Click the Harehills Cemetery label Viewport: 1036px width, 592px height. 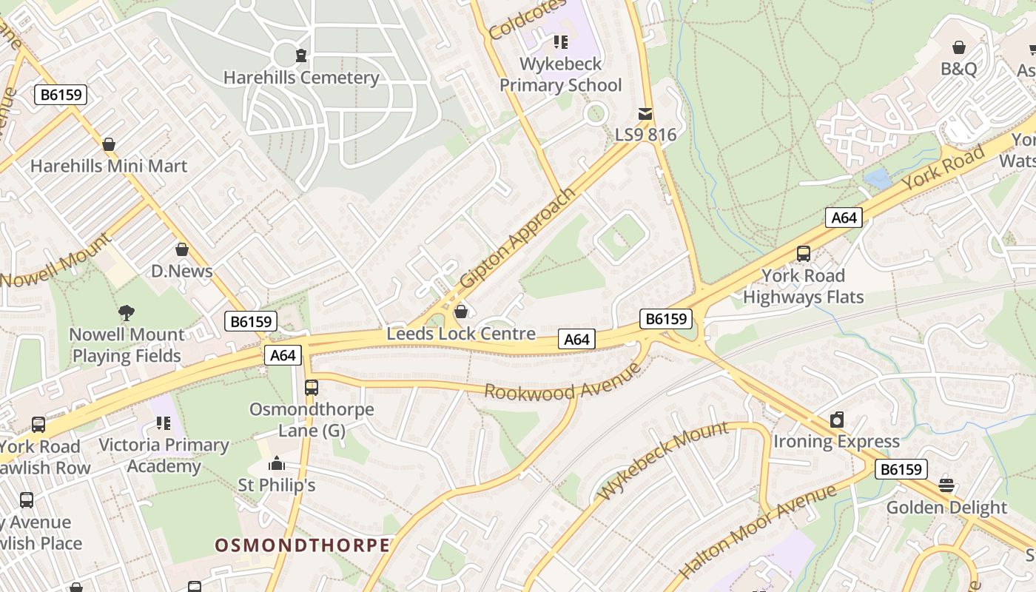coord(301,78)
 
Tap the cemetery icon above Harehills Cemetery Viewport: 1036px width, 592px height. coord(301,55)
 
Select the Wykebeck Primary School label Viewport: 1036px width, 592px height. coord(560,75)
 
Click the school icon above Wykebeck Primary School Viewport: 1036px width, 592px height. coord(560,41)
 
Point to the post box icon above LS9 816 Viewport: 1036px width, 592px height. coord(645,114)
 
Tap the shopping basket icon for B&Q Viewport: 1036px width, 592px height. coord(959,48)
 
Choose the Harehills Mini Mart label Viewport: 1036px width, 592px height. coord(109,166)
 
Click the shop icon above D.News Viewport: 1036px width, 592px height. coord(182,250)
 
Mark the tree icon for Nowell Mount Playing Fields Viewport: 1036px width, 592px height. coord(127,313)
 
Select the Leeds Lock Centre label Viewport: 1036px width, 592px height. coord(461,334)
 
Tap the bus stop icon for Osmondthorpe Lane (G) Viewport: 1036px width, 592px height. coord(312,387)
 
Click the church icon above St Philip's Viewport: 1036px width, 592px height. coord(277,464)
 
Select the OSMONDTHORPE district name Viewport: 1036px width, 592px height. coord(302,545)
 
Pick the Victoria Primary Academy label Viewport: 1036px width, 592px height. coord(164,455)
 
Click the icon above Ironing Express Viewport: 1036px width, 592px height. coord(836,420)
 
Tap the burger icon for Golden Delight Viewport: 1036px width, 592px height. coord(946,485)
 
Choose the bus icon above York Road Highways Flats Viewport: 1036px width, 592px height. coord(804,254)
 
